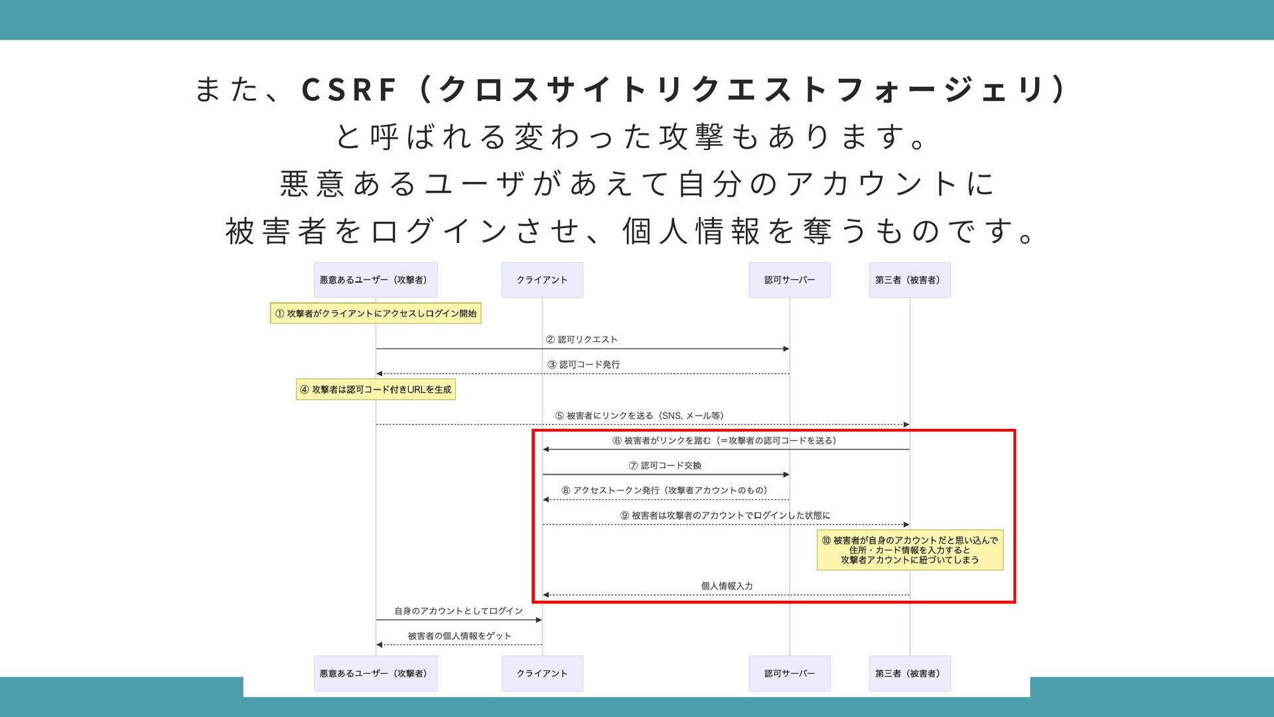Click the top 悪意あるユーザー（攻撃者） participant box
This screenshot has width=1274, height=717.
376,280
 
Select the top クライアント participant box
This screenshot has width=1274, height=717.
542,280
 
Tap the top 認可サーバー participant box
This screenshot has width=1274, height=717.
790,280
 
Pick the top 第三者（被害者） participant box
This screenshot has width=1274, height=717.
910,280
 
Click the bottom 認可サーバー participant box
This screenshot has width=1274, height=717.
790,673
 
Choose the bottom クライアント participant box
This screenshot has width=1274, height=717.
542,673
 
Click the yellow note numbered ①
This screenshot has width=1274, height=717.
376,313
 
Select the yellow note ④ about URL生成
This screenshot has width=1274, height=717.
376,390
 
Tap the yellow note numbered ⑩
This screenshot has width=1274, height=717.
910,550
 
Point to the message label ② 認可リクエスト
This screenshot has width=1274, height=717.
582,340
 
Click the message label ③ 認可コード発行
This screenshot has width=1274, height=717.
584,365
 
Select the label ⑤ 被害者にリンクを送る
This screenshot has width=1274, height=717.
640,416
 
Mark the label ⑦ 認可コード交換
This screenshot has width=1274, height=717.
666,466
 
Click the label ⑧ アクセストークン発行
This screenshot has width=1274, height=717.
665,491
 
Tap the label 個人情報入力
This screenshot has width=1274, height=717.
727,586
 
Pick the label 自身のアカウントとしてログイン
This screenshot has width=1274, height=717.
459,611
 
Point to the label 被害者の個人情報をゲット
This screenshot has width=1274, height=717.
459,636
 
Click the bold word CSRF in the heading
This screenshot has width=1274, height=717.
349,90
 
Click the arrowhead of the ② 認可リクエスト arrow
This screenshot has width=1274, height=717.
786,349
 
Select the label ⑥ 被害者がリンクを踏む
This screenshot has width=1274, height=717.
725,441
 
